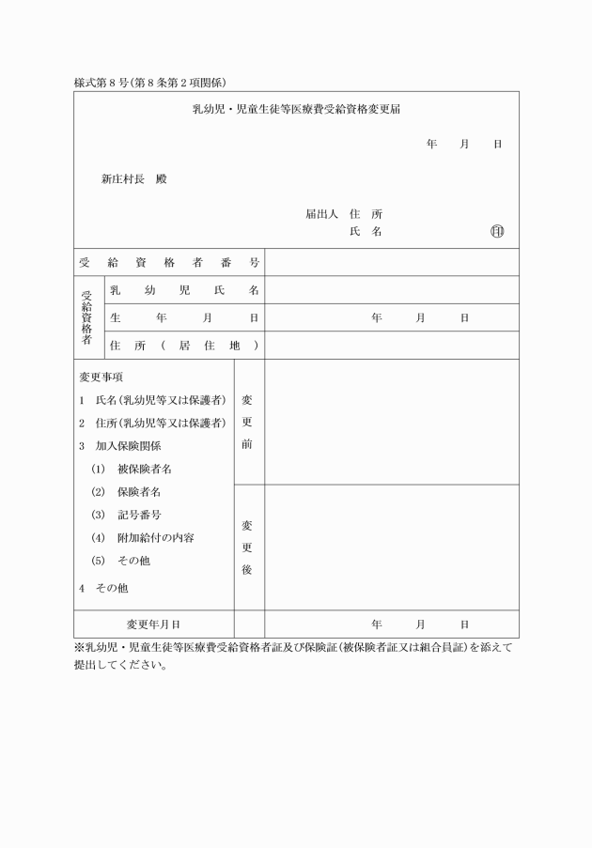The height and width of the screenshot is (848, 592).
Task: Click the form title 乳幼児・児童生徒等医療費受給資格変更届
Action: click(297, 110)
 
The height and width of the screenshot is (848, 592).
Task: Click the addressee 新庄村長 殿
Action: click(134, 178)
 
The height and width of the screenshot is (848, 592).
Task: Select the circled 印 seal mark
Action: click(497, 232)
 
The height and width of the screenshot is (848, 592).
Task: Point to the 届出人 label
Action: click(321, 214)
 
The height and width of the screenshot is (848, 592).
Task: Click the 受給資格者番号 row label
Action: click(169, 262)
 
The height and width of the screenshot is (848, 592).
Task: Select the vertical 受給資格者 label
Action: click(86, 317)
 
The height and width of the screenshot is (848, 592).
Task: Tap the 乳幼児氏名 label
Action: click(184, 290)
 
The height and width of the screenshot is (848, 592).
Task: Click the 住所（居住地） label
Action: click(184, 346)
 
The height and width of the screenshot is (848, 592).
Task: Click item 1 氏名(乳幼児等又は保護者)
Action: click(152, 400)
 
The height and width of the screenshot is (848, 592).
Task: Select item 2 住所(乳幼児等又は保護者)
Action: click(152, 423)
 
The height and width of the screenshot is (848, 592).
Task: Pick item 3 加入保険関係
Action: click(119, 446)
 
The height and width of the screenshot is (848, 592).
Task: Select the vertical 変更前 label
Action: click(247, 422)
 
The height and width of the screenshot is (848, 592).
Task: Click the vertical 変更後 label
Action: click(247, 547)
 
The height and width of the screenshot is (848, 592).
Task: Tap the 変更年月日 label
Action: click(153, 624)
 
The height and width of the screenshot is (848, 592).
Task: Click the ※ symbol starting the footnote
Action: click(79, 648)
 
